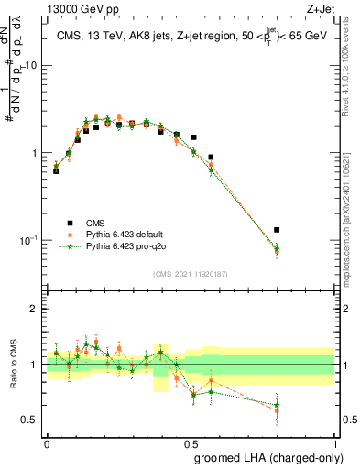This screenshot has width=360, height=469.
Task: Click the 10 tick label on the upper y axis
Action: tap(31, 66)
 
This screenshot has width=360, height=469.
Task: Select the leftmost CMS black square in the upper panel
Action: tap(56, 171)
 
